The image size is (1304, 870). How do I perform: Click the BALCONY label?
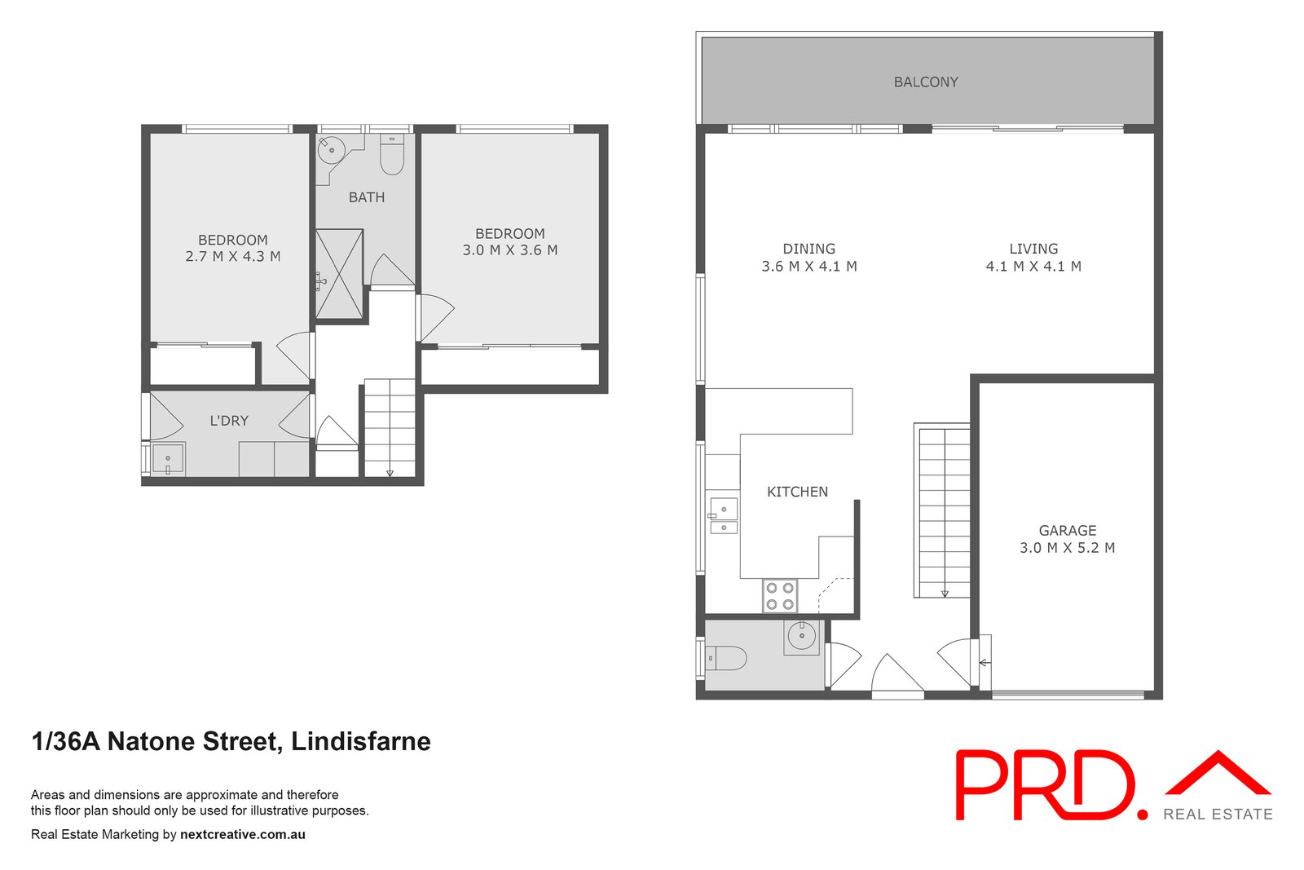point(925,82)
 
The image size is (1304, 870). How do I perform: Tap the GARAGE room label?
point(1067,530)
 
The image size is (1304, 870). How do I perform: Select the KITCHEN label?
point(797,492)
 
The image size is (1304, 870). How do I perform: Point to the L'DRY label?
point(229,421)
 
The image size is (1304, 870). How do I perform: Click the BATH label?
point(367,197)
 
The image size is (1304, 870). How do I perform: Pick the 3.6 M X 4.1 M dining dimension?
point(808,266)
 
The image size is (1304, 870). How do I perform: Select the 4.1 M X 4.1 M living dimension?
point(1033,266)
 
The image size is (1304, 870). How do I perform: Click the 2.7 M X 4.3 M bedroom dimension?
point(233,256)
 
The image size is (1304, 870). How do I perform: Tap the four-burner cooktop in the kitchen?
point(780,595)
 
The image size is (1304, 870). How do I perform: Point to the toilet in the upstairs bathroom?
point(392,155)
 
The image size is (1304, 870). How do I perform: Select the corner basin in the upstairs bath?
point(330,151)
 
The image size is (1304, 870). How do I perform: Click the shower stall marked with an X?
point(339,274)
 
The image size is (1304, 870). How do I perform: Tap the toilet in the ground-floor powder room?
point(725,658)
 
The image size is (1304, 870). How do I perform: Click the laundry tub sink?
point(168,459)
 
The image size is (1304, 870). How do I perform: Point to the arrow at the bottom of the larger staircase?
point(945,594)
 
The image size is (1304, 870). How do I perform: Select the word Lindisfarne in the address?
point(361,741)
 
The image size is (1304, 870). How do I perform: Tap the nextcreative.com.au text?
point(243,834)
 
